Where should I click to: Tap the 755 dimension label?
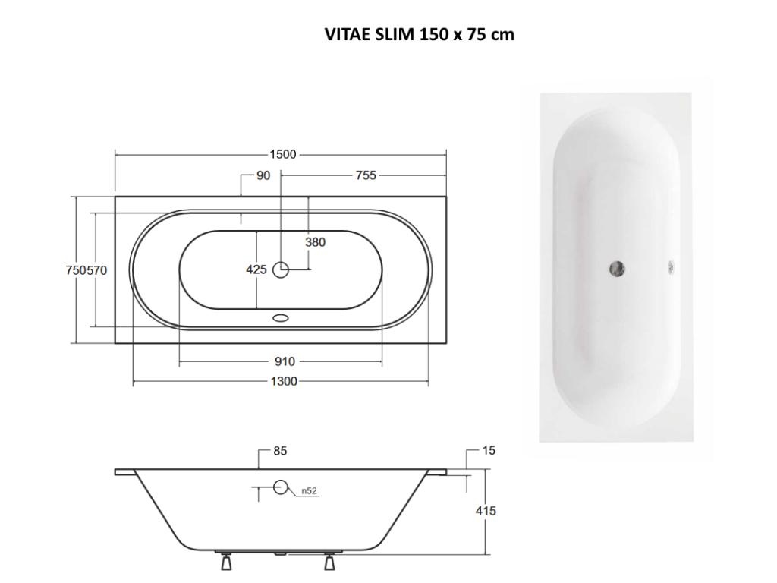pyautogui.click(x=366, y=175)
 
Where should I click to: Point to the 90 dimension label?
pyautogui.click(x=263, y=175)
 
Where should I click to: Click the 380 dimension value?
pyautogui.click(x=315, y=242)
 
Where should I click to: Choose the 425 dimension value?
pyautogui.click(x=256, y=269)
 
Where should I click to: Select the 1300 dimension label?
pyautogui.click(x=283, y=381)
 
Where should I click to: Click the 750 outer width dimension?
pyautogui.click(x=74, y=270)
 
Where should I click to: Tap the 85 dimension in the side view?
pyautogui.click(x=280, y=451)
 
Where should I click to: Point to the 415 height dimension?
pyautogui.click(x=486, y=511)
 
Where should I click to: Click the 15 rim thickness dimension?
pyautogui.click(x=489, y=451)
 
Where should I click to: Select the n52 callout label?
pyautogui.click(x=309, y=491)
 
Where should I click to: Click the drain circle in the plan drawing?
pyautogui.click(x=281, y=269)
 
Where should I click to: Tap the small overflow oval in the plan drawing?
pyautogui.click(x=281, y=319)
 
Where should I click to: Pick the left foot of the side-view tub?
pyautogui.click(x=226, y=563)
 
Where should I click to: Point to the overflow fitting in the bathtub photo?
pyautogui.click(x=671, y=266)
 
